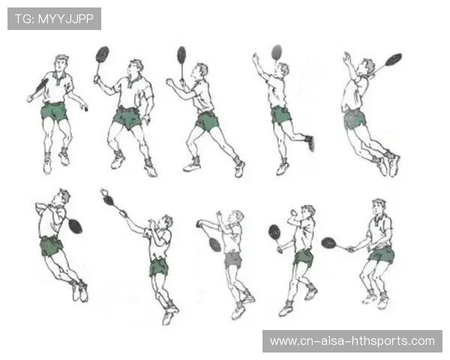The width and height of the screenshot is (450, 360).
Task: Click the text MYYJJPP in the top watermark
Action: (x=66, y=19)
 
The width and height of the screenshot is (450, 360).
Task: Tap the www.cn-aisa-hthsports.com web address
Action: (x=352, y=341)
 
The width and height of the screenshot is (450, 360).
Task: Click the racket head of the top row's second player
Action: (x=102, y=54)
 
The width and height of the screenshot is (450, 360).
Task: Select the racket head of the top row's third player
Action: (x=181, y=55)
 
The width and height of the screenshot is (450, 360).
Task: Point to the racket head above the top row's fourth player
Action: (x=277, y=52)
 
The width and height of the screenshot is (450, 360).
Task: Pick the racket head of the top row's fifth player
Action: (x=394, y=59)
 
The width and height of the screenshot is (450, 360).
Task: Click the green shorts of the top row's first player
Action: (x=54, y=112)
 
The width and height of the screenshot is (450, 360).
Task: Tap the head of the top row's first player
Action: (x=61, y=62)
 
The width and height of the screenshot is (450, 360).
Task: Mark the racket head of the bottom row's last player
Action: (x=329, y=243)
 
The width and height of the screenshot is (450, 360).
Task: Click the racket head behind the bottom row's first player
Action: (x=75, y=226)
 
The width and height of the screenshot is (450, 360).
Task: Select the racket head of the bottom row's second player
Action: (x=109, y=199)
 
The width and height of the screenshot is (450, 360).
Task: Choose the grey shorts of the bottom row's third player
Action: (x=233, y=259)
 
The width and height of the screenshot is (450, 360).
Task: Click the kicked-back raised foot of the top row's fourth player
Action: (x=310, y=142)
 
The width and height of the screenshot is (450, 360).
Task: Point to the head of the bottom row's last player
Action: (x=379, y=207)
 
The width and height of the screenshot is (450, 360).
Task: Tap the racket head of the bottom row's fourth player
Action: (x=274, y=232)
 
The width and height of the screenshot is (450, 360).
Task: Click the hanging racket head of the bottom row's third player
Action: (x=215, y=244)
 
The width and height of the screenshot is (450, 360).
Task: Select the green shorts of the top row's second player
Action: (x=127, y=118)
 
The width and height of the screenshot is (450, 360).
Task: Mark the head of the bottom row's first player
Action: (x=61, y=196)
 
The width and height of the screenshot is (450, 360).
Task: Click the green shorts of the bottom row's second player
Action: (x=159, y=268)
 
